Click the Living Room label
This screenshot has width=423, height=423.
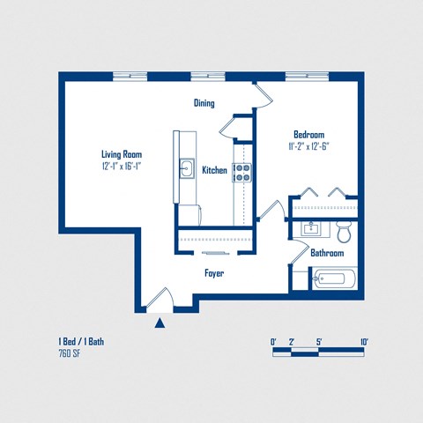point(121,153)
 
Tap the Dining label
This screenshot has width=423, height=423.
point(204,103)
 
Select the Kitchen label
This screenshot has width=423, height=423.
point(214,170)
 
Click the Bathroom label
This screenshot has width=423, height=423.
point(326,254)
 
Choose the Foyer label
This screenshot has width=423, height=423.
point(214,273)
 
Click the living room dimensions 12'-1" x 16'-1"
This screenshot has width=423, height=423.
point(121,166)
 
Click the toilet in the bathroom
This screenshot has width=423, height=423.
point(345,232)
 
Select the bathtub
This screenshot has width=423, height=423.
point(335,279)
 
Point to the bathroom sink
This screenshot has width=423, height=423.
point(310,229)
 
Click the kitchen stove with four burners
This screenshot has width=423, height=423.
point(242,172)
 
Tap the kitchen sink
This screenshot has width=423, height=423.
point(187,167)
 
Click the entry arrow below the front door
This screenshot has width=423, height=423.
point(160,323)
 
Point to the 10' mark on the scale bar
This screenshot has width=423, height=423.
point(364,342)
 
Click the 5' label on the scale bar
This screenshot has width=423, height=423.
point(318,342)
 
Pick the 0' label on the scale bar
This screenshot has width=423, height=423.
point(273,342)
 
